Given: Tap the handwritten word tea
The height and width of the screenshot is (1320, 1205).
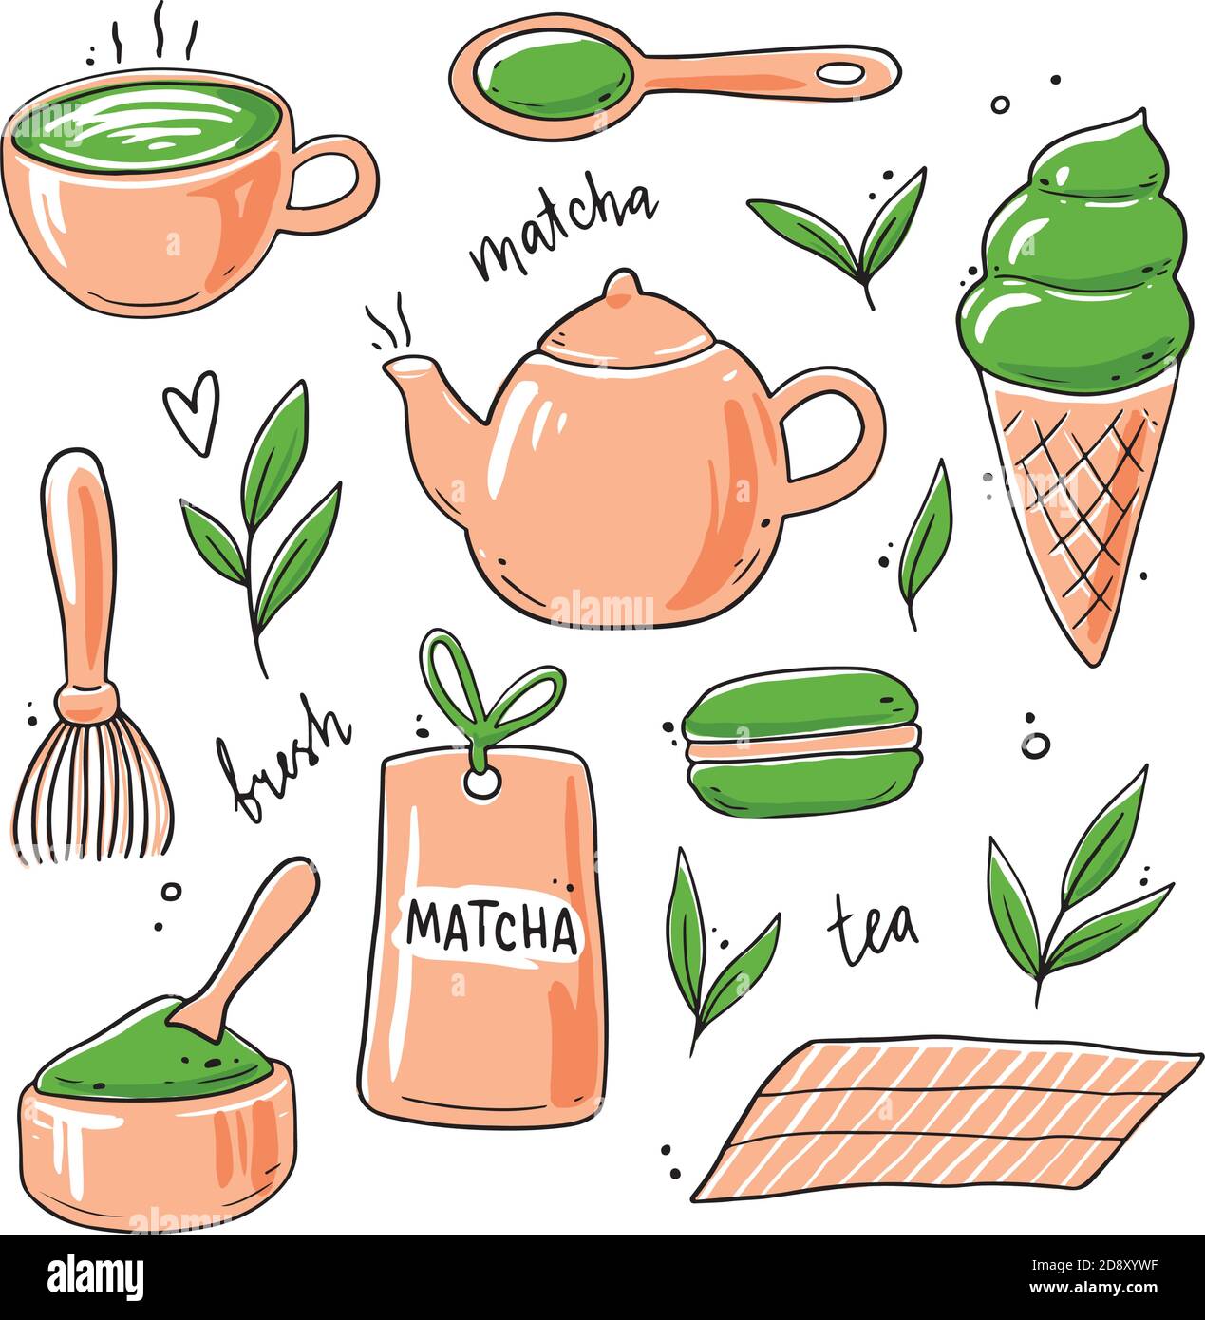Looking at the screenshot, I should [874, 926].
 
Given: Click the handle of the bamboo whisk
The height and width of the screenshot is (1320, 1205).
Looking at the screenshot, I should [81, 570].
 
